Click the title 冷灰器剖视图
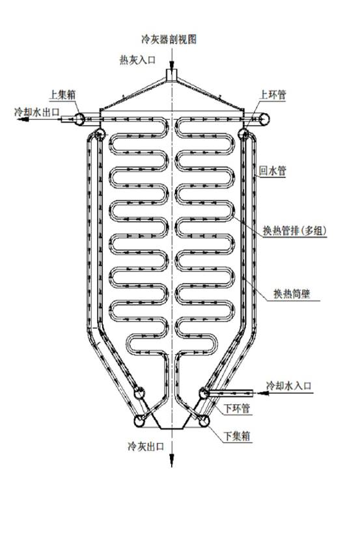click(x=169, y=39)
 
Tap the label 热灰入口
click(x=137, y=60)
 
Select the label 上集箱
click(x=62, y=94)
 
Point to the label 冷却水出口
click(x=37, y=112)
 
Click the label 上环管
click(x=273, y=94)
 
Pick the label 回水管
click(x=272, y=171)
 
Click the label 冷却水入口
click(x=289, y=385)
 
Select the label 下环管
click(x=237, y=408)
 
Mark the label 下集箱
click(x=237, y=436)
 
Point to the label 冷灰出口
click(x=146, y=447)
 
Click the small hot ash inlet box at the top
click(x=171, y=75)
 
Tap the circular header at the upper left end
click(x=80, y=119)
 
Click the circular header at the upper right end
click(x=264, y=119)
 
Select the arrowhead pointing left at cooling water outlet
click(x=23, y=119)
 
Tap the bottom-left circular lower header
click(x=139, y=421)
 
